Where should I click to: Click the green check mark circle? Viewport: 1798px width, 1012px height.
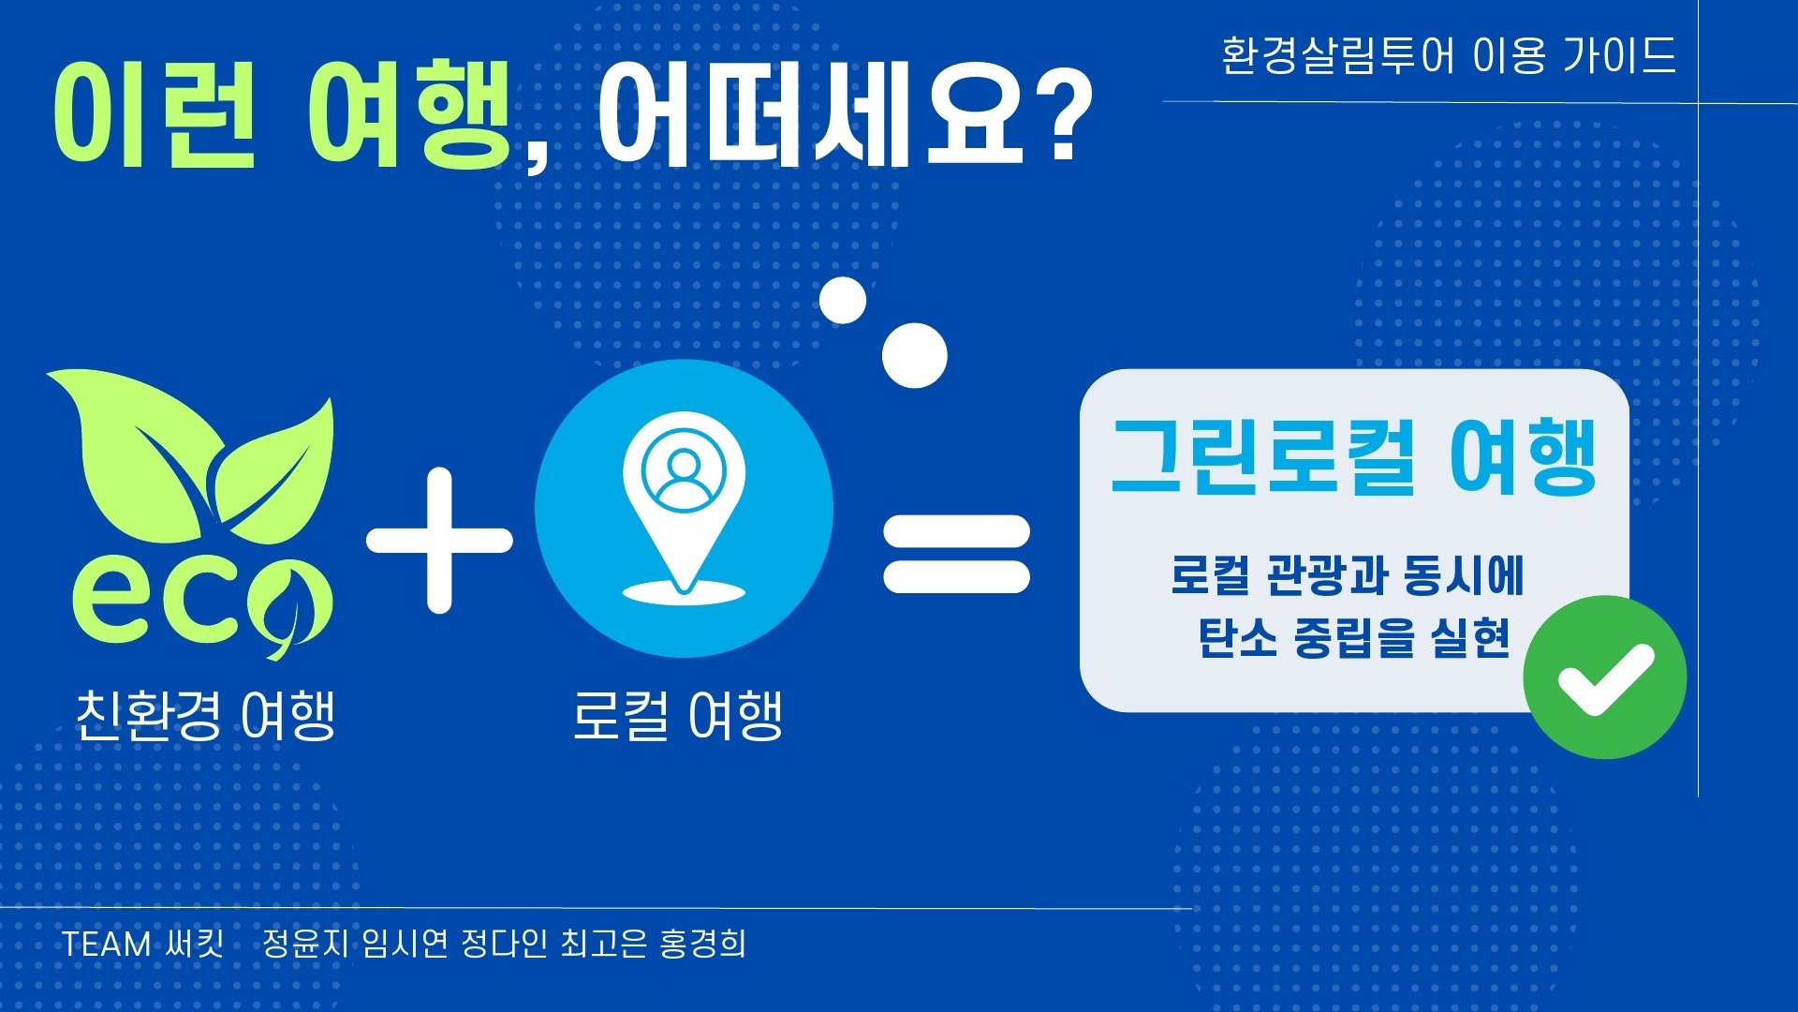coord(1605,677)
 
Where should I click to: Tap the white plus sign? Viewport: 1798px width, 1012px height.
coord(439,541)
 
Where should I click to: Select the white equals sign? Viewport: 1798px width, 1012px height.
coord(956,554)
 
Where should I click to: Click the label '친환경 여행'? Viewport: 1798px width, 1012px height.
coord(205,717)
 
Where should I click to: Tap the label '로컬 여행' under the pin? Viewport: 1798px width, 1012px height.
coord(678,717)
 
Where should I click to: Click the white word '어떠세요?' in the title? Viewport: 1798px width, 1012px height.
coord(846,115)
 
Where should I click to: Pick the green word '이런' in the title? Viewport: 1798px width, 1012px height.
coord(155,115)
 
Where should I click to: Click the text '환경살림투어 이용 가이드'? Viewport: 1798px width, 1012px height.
coord(1449,55)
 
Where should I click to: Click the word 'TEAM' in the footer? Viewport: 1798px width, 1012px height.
coord(106,944)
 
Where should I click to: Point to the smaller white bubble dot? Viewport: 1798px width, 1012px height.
coord(843,301)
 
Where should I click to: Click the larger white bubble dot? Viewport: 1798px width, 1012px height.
coord(915,355)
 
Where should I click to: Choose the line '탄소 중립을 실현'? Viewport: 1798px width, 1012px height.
coord(1354,638)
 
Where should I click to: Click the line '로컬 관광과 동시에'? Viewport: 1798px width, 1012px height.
coord(1348,575)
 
